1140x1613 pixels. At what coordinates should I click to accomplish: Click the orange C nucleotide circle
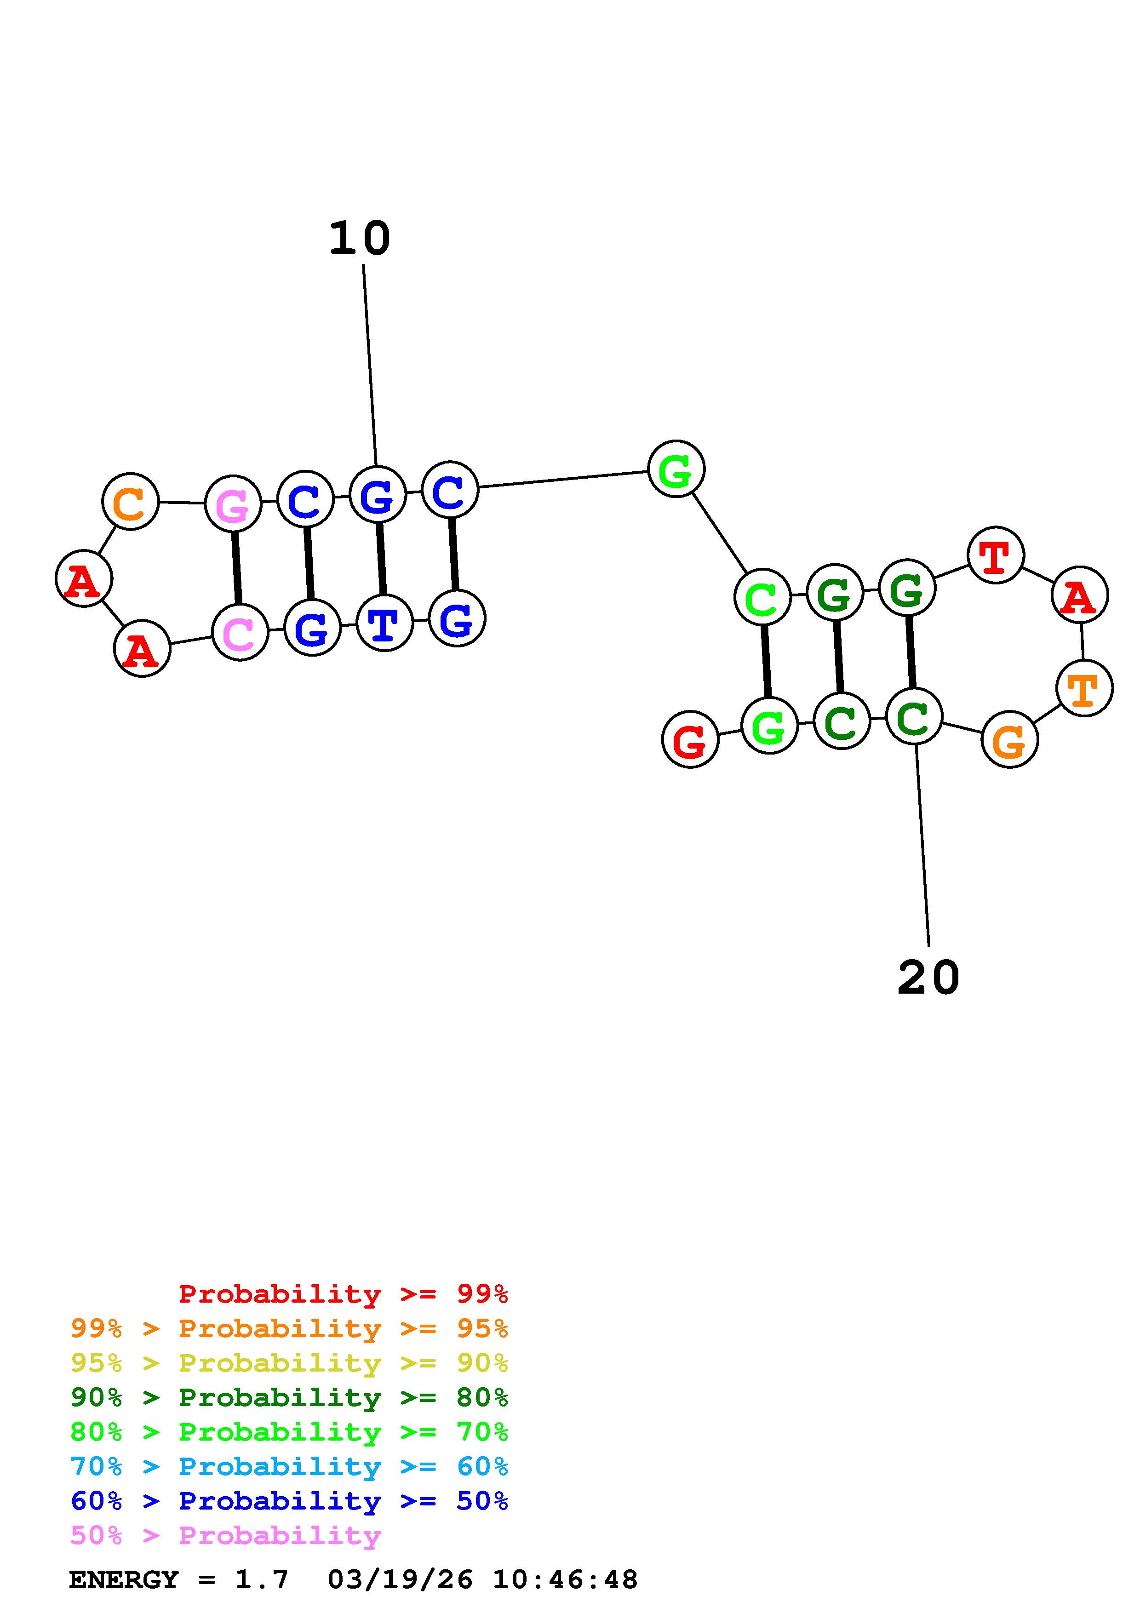pyautogui.click(x=131, y=502)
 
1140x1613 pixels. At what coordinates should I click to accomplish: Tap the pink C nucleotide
pyautogui.click(x=240, y=632)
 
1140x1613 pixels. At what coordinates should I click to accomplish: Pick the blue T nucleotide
pyautogui.click(x=384, y=623)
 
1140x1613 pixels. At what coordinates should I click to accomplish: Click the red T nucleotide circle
pyautogui.click(x=995, y=555)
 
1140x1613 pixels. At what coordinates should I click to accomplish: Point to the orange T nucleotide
pyautogui.click(x=1084, y=688)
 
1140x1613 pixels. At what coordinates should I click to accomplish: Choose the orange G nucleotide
pyautogui.click(x=1009, y=740)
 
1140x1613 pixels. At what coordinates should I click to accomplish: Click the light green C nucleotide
pyautogui.click(x=762, y=598)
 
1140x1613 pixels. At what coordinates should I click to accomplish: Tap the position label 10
pyautogui.click(x=360, y=239)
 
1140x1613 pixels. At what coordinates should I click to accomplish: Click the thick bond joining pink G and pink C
pyautogui.click(x=237, y=568)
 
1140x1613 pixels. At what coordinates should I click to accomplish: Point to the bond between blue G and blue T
pyautogui.click(x=381, y=559)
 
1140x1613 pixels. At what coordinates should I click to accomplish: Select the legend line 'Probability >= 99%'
pyautogui.click(x=344, y=1293)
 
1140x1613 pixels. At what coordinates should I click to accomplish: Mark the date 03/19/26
pyautogui.click(x=401, y=1579)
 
